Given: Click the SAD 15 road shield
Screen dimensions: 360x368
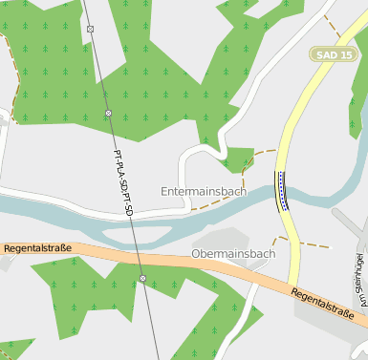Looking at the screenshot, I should (335, 54).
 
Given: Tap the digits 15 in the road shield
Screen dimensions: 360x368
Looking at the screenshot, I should (345, 54).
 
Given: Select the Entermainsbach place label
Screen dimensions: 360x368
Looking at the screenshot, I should (204, 191).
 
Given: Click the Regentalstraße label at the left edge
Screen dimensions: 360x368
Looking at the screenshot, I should (36, 248).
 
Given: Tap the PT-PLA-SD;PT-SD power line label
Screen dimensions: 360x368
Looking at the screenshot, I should (122, 180).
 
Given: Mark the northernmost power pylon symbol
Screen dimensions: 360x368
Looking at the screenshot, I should (90, 29).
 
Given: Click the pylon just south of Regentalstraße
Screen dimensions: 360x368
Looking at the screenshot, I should (142, 279).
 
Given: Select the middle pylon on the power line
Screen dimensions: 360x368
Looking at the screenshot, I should (108, 113).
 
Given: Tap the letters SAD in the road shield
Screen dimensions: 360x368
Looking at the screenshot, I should (327, 54).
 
